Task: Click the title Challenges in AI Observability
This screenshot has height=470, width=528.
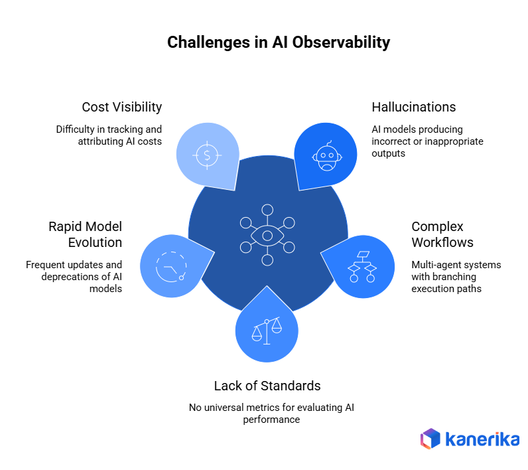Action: point(279,42)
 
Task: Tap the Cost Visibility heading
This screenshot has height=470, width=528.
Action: point(122,107)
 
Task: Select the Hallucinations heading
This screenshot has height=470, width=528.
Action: point(414,107)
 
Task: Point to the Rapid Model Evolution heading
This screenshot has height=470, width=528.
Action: point(85,234)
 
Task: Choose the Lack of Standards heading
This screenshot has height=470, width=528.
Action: point(267,386)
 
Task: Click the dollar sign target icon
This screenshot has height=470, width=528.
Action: point(207,155)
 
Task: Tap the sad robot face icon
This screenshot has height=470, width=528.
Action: point(325,156)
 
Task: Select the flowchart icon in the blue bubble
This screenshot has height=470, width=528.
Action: point(362,266)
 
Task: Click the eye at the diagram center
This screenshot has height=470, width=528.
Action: point(267,236)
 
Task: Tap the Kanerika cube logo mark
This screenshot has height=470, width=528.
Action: point(430,439)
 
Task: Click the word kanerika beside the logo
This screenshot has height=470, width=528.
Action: point(483,439)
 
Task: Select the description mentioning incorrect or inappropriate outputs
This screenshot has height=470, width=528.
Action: point(427,141)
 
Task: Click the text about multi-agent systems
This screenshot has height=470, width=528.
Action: point(456,276)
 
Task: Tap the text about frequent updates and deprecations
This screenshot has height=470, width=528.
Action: point(74,276)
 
